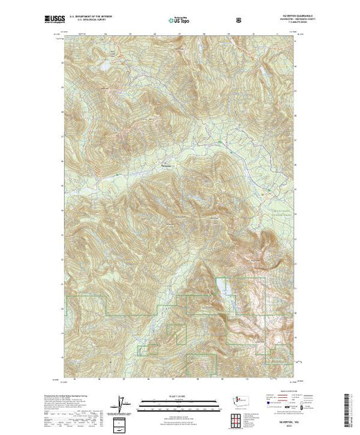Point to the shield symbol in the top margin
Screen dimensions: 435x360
tap(238, 20)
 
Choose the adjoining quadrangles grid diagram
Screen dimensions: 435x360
tap(238, 420)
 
